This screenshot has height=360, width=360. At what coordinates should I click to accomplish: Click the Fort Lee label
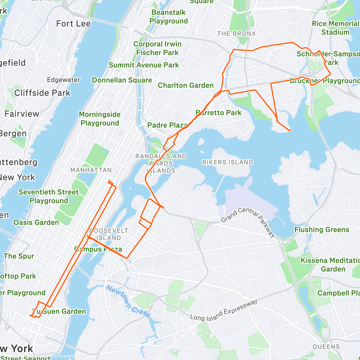pyautogui.click(x=73, y=24)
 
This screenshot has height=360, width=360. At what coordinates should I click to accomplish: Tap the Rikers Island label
pyautogui.click(x=227, y=162)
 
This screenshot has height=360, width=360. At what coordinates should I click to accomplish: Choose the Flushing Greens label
pyautogui.click(x=322, y=230)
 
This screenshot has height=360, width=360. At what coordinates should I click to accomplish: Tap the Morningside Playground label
pyautogui.click(x=100, y=119)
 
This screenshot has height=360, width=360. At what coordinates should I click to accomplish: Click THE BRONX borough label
pyautogui.click(x=236, y=34)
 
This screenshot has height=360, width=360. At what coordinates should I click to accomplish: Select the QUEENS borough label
pyautogui.click(x=326, y=347)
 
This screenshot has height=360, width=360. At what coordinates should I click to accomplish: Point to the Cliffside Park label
pyautogui.click(x=42, y=93)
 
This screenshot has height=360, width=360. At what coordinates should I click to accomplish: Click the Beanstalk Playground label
pyautogui.click(x=169, y=17)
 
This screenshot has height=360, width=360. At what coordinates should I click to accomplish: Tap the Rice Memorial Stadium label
pyautogui.click(x=335, y=28)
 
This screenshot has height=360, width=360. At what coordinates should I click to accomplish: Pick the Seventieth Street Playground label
pyautogui.click(x=49, y=196)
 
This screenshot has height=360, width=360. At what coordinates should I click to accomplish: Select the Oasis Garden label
pyautogui.click(x=36, y=222)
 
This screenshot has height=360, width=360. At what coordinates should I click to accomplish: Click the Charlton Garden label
pyautogui.click(x=186, y=85)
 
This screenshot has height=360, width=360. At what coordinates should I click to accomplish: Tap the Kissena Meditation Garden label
pyautogui.click(x=330, y=265)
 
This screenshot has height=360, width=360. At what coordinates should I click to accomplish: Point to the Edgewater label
pyautogui.click(x=63, y=80)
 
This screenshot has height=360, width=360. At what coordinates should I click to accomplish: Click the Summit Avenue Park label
pyautogui.click(x=144, y=65)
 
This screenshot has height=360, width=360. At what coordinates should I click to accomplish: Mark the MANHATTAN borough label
pyautogui.click(x=91, y=170)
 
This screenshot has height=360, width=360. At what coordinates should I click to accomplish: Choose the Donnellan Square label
pyautogui.click(x=122, y=80)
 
